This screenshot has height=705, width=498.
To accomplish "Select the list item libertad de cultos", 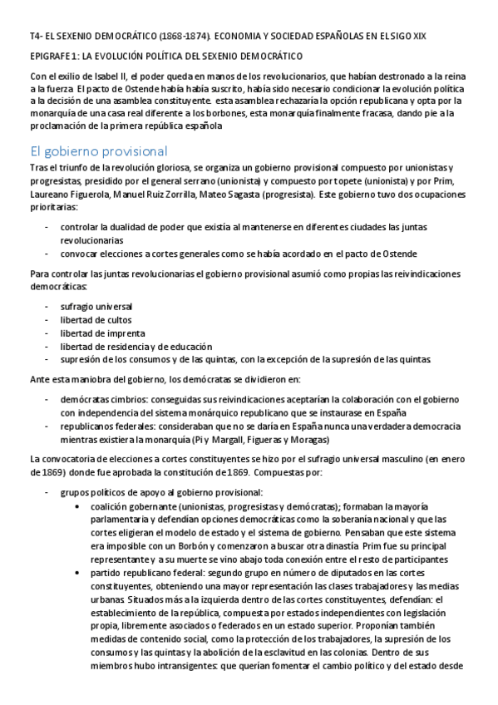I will [96, 320].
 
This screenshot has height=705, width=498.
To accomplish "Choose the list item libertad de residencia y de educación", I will [136, 347].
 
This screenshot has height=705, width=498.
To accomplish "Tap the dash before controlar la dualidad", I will [47, 226].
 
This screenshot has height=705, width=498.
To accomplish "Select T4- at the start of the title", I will [37, 37].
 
